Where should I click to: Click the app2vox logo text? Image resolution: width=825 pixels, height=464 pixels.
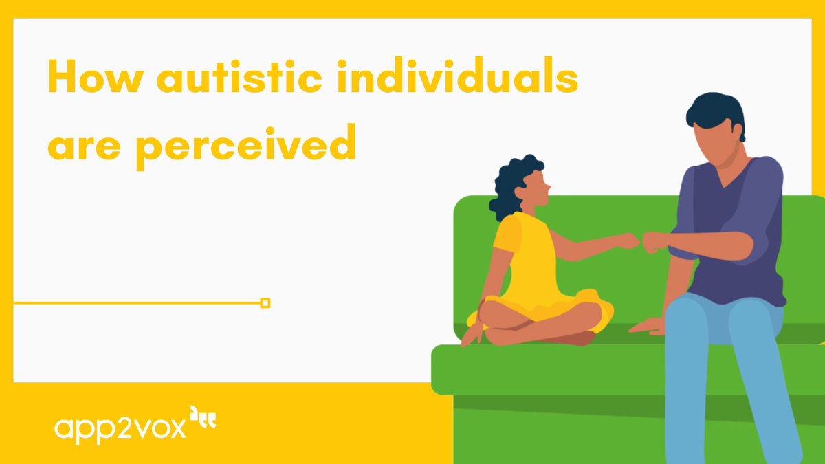coord(120,428)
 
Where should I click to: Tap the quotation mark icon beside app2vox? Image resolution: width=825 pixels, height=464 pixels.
coord(203,419)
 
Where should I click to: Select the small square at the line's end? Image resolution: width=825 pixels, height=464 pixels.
coord(265,302)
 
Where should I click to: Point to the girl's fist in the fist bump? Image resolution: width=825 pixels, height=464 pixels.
coord(628,241)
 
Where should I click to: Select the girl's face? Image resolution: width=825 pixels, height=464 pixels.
coord(537,190)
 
